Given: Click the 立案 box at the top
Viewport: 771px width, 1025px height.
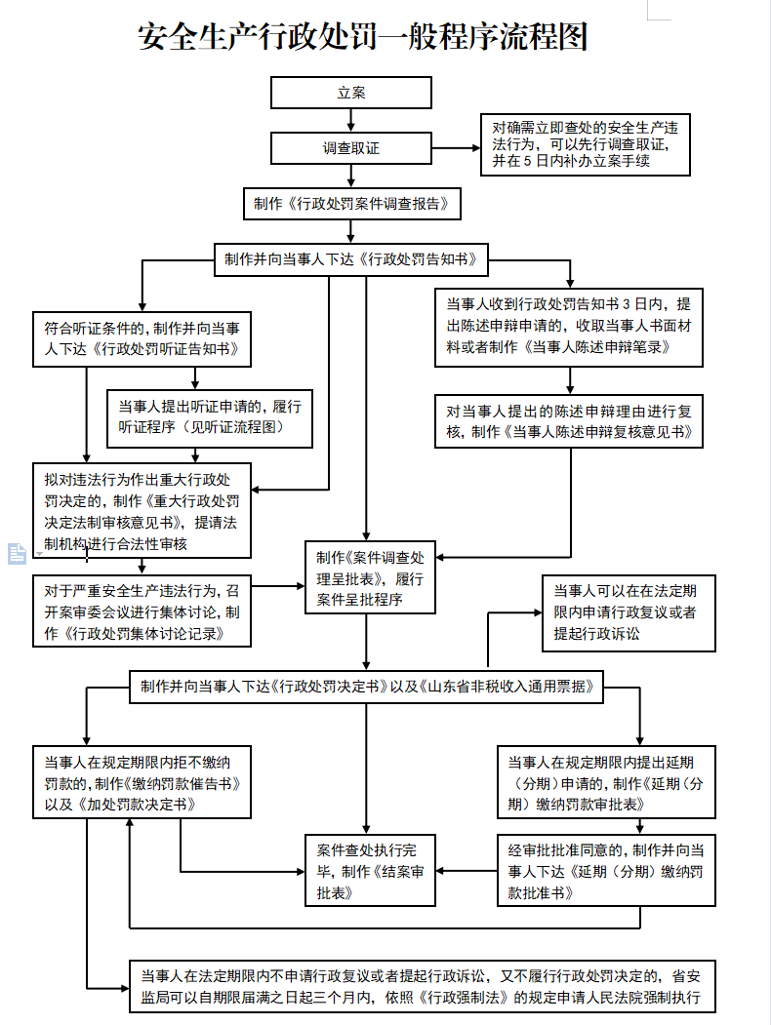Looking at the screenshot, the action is (x=351, y=93).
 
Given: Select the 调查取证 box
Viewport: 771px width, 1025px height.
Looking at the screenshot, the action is (x=351, y=148).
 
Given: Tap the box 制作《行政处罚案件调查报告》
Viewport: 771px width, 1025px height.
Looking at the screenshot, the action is (x=351, y=204).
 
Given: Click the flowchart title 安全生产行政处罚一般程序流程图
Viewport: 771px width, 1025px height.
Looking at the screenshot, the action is (x=363, y=37).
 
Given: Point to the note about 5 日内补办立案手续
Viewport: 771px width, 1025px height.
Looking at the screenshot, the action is (x=586, y=145).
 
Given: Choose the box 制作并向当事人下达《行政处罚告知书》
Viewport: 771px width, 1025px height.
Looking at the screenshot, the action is (x=351, y=259).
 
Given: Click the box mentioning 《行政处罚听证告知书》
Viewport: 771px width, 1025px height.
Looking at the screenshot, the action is (x=142, y=338).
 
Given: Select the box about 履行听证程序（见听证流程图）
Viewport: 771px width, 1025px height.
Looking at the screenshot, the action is (x=209, y=418).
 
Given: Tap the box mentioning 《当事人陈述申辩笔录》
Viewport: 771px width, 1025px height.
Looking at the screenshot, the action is (x=569, y=327).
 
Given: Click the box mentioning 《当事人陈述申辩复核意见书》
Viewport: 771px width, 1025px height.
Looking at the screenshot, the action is (x=569, y=421).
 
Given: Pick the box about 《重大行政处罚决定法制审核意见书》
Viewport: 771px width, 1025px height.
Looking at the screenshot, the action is (x=142, y=510).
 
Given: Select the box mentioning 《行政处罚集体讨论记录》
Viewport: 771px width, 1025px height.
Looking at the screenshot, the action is (x=142, y=611).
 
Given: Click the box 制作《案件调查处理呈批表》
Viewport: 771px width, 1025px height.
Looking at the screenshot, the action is (x=370, y=578).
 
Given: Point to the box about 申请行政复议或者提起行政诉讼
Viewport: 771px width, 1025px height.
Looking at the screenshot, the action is (x=629, y=613).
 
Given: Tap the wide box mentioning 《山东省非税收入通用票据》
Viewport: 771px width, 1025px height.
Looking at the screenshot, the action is (x=366, y=687).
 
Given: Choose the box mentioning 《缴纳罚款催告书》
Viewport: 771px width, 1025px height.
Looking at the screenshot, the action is (x=142, y=782).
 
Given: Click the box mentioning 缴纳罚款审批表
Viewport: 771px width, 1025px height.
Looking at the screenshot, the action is (x=606, y=782).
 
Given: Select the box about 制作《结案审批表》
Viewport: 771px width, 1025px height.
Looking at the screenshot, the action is (x=370, y=871).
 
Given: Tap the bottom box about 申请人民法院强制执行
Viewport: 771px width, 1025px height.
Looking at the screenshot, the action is (x=423, y=986).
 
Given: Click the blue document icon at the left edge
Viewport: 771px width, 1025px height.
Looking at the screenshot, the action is (x=17, y=554).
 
